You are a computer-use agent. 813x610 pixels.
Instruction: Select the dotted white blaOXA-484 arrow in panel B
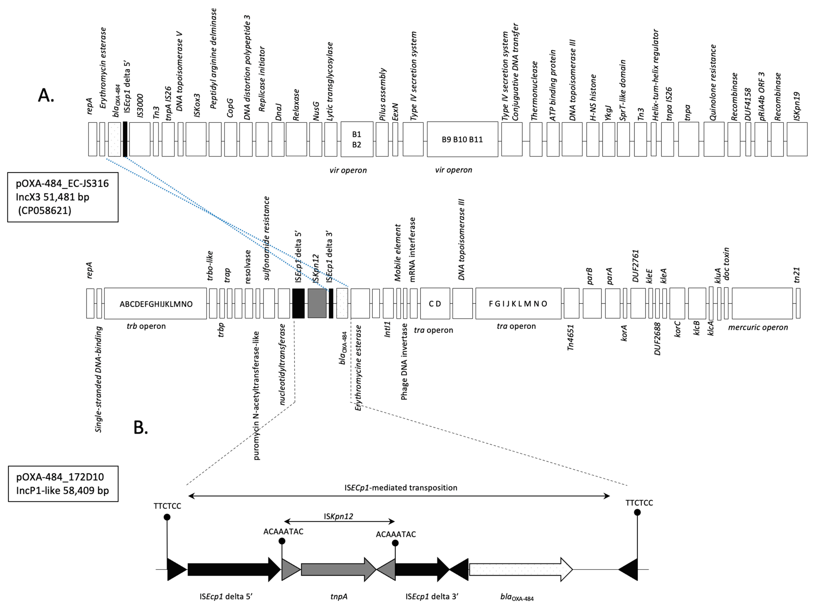click(x=521, y=570)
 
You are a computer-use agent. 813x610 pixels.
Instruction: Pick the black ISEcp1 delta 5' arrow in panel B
click(x=234, y=570)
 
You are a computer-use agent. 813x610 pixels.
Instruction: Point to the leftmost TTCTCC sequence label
click(x=167, y=506)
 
